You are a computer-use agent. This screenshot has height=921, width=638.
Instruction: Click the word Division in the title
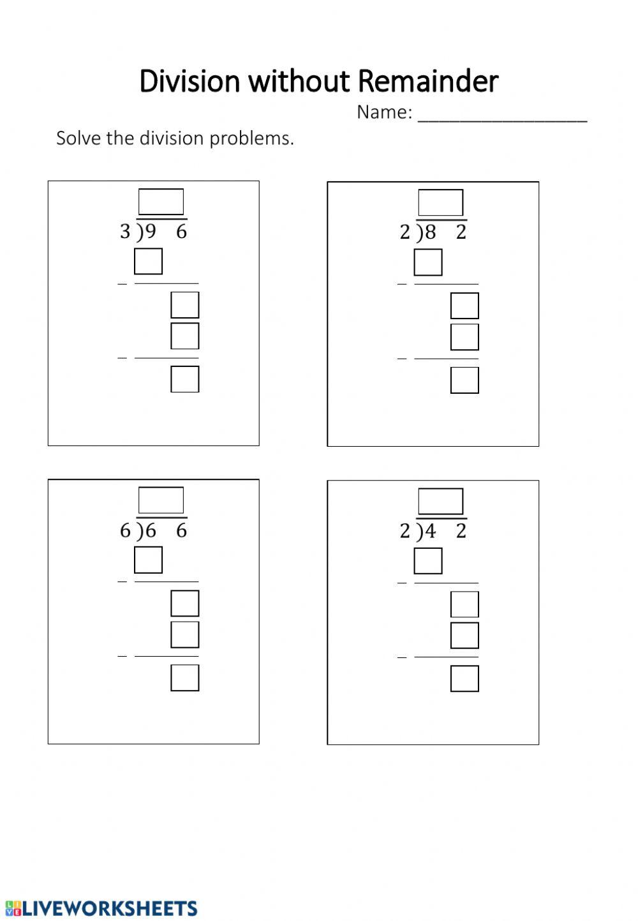pyautogui.click(x=189, y=82)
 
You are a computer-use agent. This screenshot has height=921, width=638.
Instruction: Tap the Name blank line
pyautogui.click(x=502, y=115)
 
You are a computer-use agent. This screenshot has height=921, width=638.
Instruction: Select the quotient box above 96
pyautogui.click(x=161, y=202)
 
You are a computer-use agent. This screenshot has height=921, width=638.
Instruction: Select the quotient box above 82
pyautogui.click(x=440, y=202)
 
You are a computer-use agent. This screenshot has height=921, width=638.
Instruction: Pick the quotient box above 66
pyautogui.click(x=161, y=500)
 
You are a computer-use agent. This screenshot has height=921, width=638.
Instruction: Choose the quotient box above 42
pyautogui.click(x=440, y=501)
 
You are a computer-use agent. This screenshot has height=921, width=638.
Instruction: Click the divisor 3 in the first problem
pyautogui.click(x=125, y=232)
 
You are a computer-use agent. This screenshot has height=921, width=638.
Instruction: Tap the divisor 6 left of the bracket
pyautogui.click(x=125, y=530)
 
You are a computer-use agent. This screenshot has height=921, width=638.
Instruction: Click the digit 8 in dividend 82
pyautogui.click(x=431, y=232)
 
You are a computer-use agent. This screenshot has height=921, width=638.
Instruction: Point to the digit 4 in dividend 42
pyautogui.click(x=431, y=531)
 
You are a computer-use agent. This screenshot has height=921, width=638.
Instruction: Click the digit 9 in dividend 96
pyautogui.click(x=151, y=232)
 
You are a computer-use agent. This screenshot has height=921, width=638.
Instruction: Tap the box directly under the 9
pyautogui.click(x=148, y=261)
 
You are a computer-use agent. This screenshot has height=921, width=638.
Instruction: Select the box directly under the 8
pyautogui.click(x=427, y=262)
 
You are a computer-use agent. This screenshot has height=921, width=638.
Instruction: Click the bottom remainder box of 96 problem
pyautogui.click(x=185, y=379)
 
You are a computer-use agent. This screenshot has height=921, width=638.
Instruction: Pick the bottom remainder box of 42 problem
pyautogui.click(x=464, y=678)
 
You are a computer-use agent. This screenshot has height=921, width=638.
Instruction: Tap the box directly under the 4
pyautogui.click(x=427, y=561)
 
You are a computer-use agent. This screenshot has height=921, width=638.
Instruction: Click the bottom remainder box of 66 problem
pyautogui.click(x=185, y=678)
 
